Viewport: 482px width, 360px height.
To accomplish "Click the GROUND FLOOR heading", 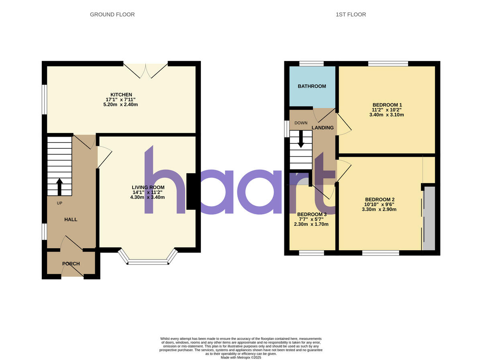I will click(112, 14).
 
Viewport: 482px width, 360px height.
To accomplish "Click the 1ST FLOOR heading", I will click(351, 14).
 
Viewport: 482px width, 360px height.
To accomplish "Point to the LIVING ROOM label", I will click(148, 187).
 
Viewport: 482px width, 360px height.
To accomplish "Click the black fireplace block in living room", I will click(192, 191).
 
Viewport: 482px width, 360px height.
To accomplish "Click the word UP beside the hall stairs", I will click(59, 203).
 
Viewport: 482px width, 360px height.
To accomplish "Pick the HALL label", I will click(71, 219).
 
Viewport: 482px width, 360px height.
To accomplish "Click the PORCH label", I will click(71, 264).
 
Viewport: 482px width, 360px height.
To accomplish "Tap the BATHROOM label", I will click(312, 86).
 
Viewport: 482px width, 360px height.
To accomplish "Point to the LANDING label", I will click(323, 128).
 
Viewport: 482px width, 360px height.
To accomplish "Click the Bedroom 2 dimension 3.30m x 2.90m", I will click(379, 209).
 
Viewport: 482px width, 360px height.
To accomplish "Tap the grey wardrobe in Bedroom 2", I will click(429, 219).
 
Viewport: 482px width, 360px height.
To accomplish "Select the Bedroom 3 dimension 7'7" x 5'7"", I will click(311, 219).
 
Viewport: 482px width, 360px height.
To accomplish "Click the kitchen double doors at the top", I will click(145, 70).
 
